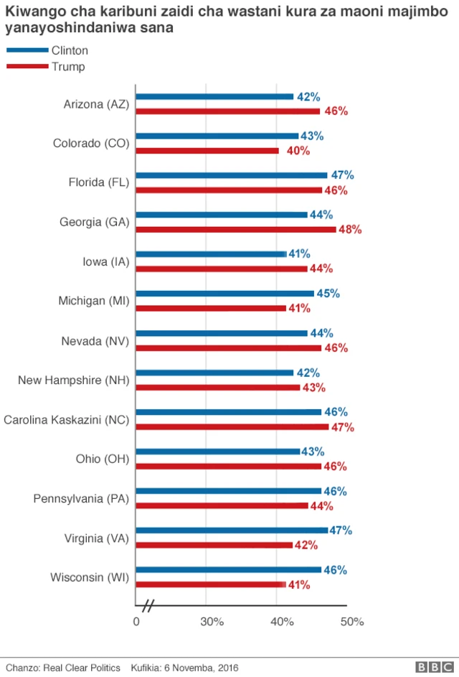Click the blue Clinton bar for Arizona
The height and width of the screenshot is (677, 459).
pyautogui.click(x=214, y=96)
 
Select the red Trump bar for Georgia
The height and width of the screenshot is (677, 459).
pyautogui.click(x=236, y=229)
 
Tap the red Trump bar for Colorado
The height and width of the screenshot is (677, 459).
pyautogui.click(x=207, y=151)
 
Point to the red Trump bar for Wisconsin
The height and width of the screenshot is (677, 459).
pyautogui.click(x=211, y=584)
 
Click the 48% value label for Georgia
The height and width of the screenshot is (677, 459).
pyautogui.click(x=350, y=230)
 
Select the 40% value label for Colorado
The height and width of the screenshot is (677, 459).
pyautogui.click(x=298, y=151)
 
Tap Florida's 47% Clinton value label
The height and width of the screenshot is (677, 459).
pyautogui.click(x=342, y=175)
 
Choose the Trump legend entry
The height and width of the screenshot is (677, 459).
pyautogui.click(x=67, y=67)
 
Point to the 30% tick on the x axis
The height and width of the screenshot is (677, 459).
pyautogui.click(x=212, y=622)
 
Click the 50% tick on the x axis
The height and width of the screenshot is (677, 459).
pyautogui.click(x=352, y=622)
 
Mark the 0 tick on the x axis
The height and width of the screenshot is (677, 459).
pyautogui.click(x=136, y=622)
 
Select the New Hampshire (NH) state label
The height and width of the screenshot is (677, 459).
pyautogui.click(x=73, y=380)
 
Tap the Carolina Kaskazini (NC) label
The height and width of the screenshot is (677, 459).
pyautogui.click(x=67, y=420)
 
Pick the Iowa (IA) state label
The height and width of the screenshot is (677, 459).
pyautogui.click(x=105, y=261)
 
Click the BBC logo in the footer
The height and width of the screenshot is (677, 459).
pyautogui.click(x=430, y=667)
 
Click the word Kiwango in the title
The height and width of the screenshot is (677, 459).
pyautogui.click(x=33, y=11)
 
